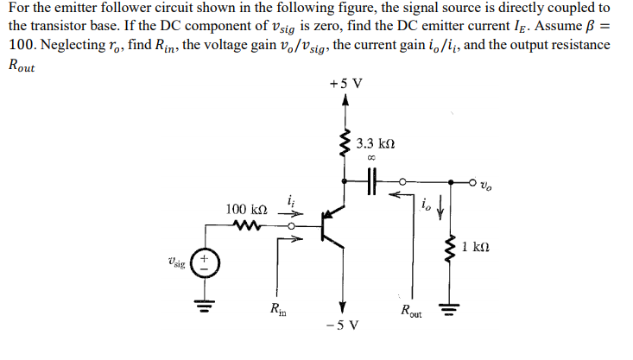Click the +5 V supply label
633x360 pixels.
345,84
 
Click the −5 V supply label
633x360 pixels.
343,325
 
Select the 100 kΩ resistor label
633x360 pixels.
246,210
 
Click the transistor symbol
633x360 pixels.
330,228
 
